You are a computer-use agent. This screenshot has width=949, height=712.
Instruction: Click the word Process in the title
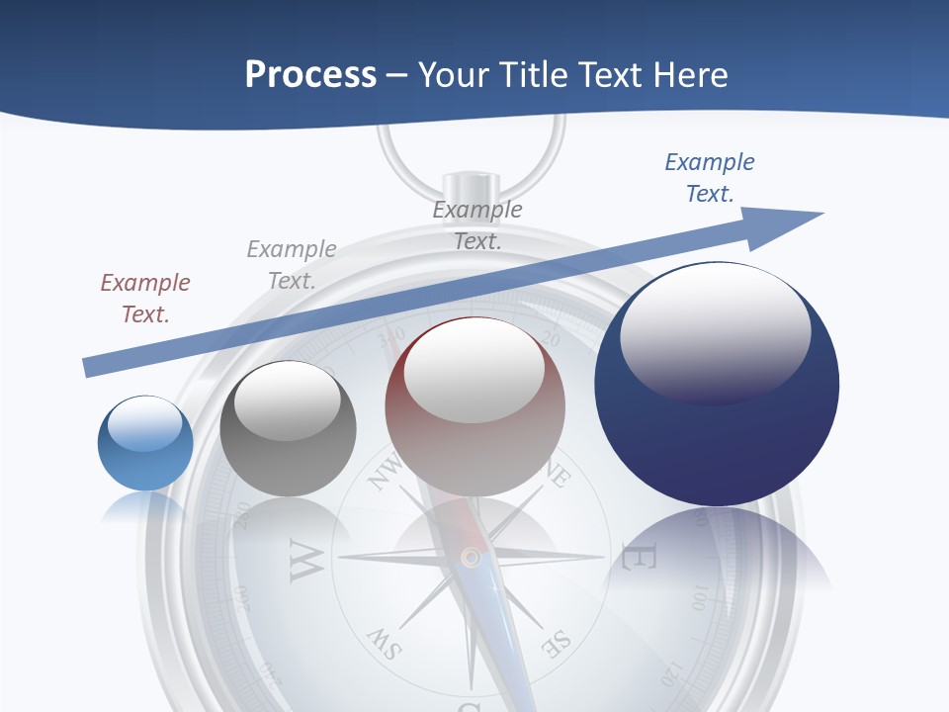[x=310, y=75]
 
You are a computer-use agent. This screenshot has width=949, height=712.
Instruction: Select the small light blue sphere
[x=145, y=443]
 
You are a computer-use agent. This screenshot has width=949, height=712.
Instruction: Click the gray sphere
[x=288, y=429]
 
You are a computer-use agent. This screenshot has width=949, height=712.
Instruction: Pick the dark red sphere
[x=474, y=407]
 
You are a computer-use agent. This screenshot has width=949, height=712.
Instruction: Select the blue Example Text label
[x=710, y=178]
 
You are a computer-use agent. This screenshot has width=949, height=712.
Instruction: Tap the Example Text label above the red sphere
[x=477, y=224]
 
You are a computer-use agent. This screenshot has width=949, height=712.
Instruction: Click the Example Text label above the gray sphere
[x=292, y=265]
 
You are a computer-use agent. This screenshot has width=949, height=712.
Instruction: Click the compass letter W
[x=305, y=561]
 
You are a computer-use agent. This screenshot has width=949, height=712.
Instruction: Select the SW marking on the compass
[x=384, y=644]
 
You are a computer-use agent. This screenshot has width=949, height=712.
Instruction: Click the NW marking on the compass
[x=386, y=472]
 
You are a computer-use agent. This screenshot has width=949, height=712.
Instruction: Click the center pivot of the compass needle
[x=472, y=558]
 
